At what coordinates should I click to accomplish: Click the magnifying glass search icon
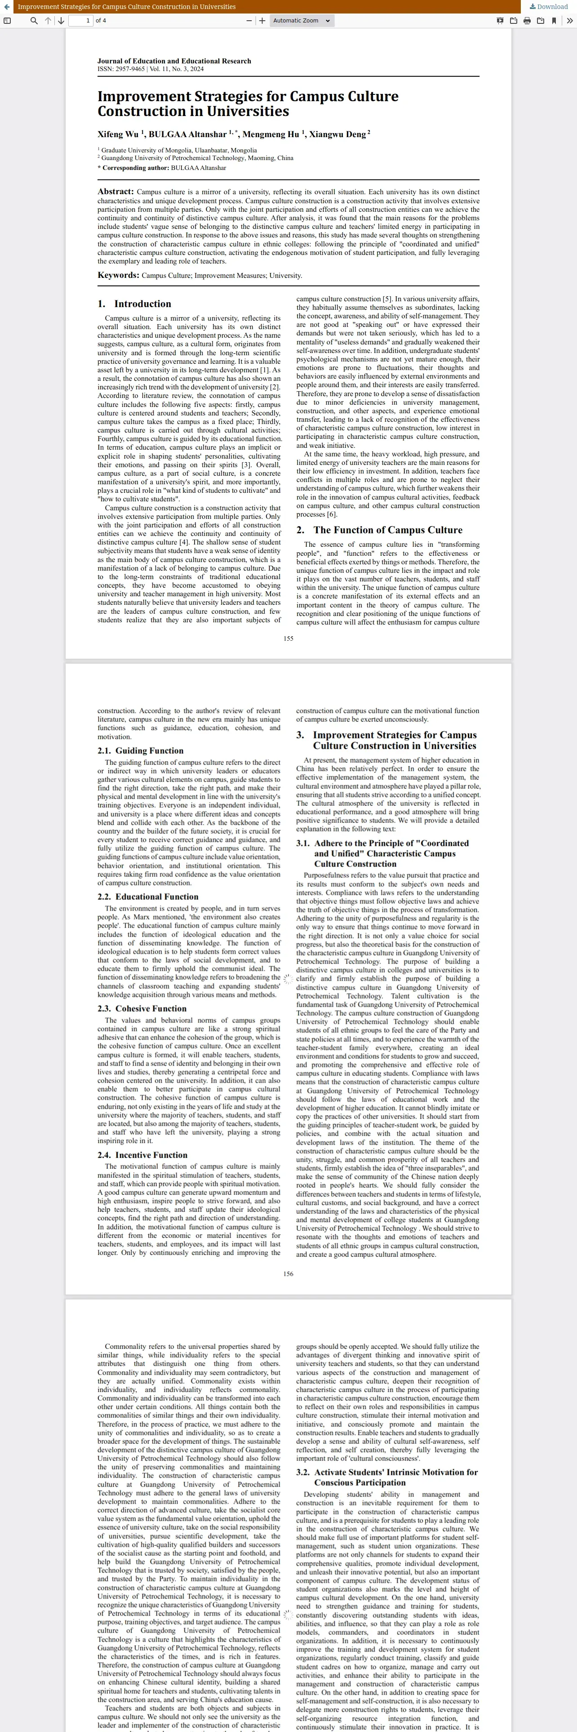34,21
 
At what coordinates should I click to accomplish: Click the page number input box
80,21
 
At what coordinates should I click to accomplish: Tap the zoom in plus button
262,21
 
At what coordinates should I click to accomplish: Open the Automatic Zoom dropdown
301,21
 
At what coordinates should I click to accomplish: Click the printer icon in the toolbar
527,21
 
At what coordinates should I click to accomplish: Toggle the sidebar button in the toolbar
7,21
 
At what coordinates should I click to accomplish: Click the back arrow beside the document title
6,7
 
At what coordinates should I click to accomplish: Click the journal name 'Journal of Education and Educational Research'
174,61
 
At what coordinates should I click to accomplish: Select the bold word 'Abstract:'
115,192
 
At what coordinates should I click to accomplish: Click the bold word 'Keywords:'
118,275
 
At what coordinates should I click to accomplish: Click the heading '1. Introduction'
134,304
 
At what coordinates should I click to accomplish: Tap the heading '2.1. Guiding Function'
140,751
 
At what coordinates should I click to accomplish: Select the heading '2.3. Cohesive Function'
142,1009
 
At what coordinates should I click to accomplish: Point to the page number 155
288,639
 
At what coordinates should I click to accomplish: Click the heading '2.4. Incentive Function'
142,1155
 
